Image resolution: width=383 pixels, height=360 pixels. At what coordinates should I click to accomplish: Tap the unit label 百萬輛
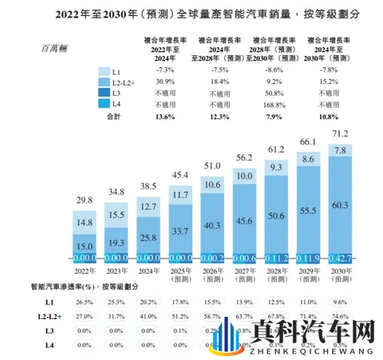(x=58, y=48)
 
